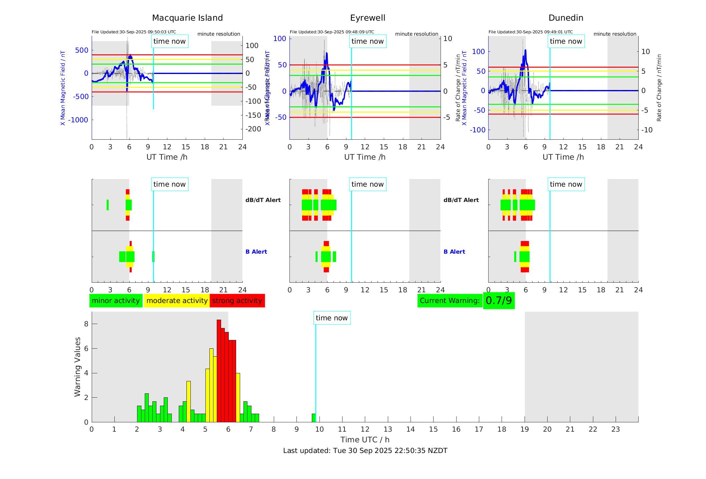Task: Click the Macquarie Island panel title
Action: coord(187,18)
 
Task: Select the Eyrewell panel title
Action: coord(368,18)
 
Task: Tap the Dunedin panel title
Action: coord(566,18)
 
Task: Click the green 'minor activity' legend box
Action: coord(116,301)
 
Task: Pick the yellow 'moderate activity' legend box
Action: coord(177,301)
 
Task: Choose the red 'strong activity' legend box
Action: coord(237,301)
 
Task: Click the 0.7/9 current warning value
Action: coord(499,301)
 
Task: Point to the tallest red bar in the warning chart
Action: coord(219,370)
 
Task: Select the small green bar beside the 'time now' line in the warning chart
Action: coord(313,418)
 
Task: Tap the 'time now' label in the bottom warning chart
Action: coord(331,318)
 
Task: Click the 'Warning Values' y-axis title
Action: coord(77,367)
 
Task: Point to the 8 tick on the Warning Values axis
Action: coord(86,324)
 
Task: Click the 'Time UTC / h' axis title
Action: coord(365,440)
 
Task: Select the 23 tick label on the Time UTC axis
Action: coord(615,429)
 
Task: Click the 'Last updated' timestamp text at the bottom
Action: coord(365,451)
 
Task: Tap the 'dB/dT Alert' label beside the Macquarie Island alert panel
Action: coord(263,200)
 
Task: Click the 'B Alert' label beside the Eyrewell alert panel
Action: coord(454,252)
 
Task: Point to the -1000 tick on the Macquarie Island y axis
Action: coord(78,120)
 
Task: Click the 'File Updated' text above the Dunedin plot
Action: coord(530,32)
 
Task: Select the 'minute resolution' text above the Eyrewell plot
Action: coord(417,34)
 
